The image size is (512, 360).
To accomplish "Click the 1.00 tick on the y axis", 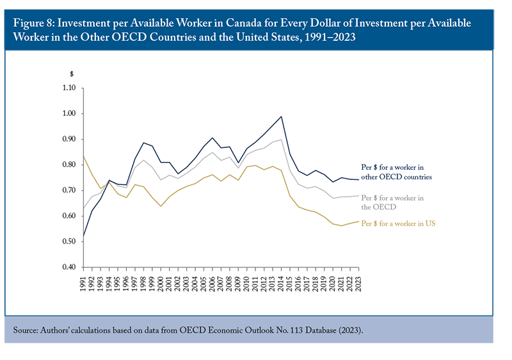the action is pyautogui.click(x=69, y=113).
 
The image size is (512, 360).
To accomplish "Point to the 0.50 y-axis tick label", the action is pyautogui.click(x=69, y=241).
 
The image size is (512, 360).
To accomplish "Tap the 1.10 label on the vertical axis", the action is pyautogui.click(x=69, y=88).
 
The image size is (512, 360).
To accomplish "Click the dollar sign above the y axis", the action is pyautogui.click(x=72, y=74).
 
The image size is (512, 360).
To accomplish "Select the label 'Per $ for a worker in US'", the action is pyautogui.click(x=398, y=224).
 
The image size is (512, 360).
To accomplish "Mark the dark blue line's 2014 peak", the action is pyautogui.click(x=281, y=117).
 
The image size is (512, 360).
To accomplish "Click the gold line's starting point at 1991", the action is pyautogui.click(x=84, y=156).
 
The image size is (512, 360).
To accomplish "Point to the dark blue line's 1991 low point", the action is pyautogui.click(x=84, y=236).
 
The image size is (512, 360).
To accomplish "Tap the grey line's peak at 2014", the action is pyautogui.click(x=281, y=140).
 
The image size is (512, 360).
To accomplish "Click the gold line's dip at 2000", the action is pyautogui.click(x=161, y=206).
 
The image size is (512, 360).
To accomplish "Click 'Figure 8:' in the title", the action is pyautogui.click(x=34, y=24).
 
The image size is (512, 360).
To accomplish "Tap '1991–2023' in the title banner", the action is pyautogui.click(x=330, y=37).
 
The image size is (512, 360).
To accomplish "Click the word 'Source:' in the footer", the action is pyautogui.click(x=26, y=331).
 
